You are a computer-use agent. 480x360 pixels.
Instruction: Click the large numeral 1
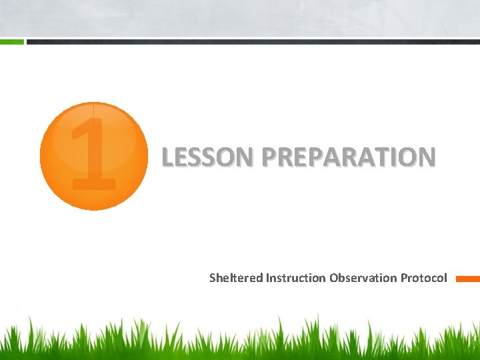[x=94, y=154]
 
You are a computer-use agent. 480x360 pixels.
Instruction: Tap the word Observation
[x=363, y=278]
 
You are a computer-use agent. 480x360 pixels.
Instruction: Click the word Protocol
[x=424, y=278]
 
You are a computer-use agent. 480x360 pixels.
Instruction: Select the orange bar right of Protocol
[x=467, y=279]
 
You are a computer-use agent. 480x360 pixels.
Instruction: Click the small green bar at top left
[x=11, y=41]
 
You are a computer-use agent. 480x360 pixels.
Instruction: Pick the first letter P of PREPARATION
[x=269, y=157]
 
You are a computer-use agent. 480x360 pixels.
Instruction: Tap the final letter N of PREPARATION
[x=427, y=157]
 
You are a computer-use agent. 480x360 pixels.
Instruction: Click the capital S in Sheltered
[x=213, y=278]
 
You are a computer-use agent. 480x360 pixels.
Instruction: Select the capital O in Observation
[x=333, y=278]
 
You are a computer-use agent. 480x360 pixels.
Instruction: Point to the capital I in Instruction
[x=267, y=278]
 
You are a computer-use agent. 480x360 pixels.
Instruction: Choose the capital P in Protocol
[x=404, y=278]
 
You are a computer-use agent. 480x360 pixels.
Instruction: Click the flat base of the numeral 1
[x=94, y=184]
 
